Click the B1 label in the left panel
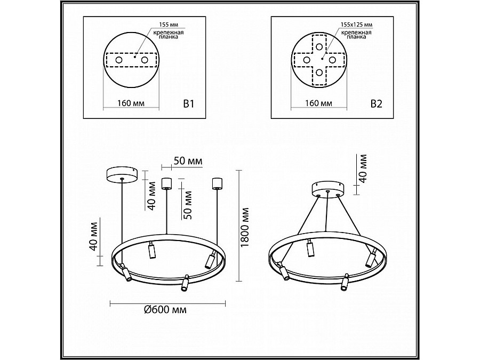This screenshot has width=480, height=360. (189, 104)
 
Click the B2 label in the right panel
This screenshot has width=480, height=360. (376, 104)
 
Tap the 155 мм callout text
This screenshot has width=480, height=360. (169, 25)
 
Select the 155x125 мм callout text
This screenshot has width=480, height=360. (356, 25)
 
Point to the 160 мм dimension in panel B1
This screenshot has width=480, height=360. (131, 103)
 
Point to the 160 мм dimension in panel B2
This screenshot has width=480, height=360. (318, 103)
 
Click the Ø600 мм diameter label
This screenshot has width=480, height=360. (165, 310)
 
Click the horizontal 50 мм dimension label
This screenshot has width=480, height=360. (188, 161)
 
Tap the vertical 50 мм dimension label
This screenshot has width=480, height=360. (187, 205)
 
